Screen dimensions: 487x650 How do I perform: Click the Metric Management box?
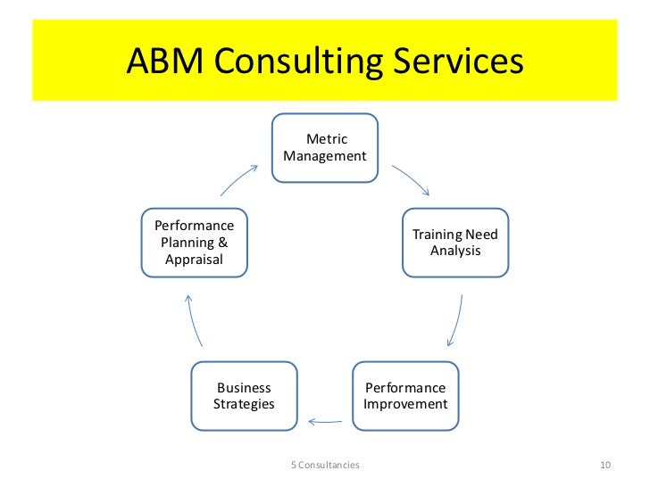click(324, 147)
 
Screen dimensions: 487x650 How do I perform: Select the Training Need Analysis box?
click(454, 242)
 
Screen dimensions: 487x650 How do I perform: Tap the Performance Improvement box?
click(404, 396)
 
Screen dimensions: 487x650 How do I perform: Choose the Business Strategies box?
click(244, 396)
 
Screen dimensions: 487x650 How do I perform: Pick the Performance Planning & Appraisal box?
click(194, 242)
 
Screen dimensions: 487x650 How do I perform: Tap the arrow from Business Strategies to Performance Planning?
click(195, 319)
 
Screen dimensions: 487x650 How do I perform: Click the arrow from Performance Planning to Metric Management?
click(238, 179)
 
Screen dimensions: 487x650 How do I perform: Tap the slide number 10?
click(604, 465)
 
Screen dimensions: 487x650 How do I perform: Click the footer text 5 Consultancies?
click(325, 465)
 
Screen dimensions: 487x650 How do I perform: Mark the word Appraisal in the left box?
click(194, 260)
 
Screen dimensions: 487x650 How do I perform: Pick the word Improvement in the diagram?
click(405, 404)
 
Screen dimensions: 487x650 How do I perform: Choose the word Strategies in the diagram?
click(244, 404)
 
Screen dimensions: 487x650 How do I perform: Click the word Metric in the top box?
click(327, 139)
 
